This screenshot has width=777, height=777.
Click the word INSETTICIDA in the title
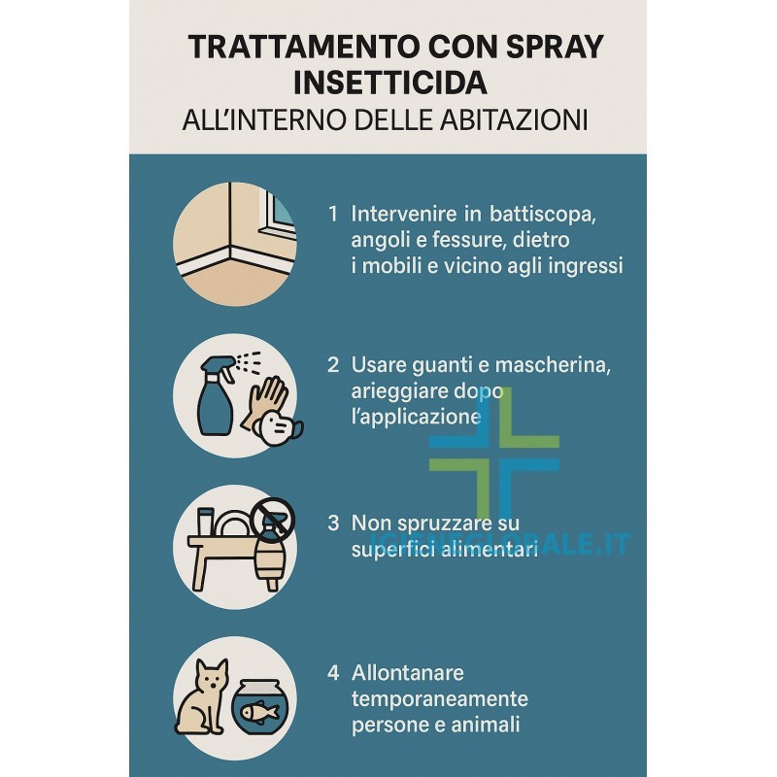coord(390,83)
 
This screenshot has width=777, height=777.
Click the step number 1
coord(333,214)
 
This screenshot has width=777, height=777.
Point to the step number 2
coord(333,365)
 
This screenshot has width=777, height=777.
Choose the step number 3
coord(333,524)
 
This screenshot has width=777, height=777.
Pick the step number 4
coord(333,673)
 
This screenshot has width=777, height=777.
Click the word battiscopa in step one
coord(542,215)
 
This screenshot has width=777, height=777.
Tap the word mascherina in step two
coord(553,365)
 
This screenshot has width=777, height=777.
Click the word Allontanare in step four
coord(408,673)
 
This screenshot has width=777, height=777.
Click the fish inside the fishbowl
coord(259,713)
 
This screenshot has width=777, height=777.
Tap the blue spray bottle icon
coord(216,396)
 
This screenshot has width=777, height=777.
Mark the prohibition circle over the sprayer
coord(272,521)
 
